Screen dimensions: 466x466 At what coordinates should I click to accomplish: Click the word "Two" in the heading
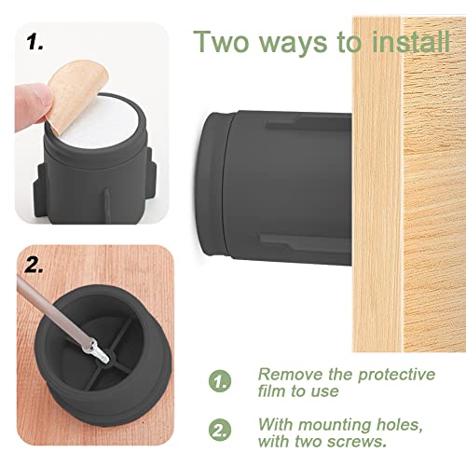(x=222, y=42)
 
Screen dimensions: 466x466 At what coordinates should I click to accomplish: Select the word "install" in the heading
(x=411, y=42)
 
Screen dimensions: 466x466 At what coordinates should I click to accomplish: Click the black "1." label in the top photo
(x=34, y=42)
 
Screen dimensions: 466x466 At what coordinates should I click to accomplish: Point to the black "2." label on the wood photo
(x=34, y=266)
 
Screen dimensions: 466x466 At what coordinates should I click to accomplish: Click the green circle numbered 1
(x=220, y=381)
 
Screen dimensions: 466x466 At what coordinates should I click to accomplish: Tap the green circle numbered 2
(x=220, y=430)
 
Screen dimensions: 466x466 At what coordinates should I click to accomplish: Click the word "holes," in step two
(x=400, y=425)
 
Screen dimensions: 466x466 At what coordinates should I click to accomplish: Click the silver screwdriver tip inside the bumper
(x=99, y=352)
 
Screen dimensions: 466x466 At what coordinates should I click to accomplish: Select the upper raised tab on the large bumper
(x=308, y=122)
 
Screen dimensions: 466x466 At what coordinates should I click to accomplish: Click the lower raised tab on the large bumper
(x=306, y=242)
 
